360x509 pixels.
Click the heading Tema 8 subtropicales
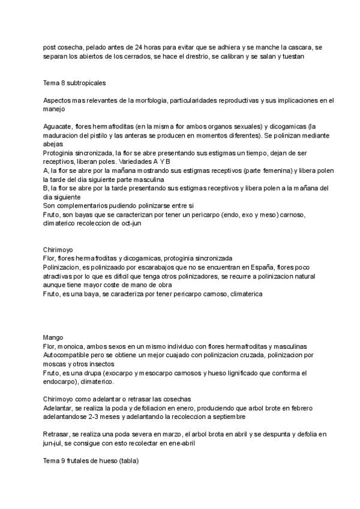pyautogui.click(x=75, y=82)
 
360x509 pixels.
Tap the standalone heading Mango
pyautogui.click(x=53, y=337)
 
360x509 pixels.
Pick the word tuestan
pyautogui.click(x=293, y=56)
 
